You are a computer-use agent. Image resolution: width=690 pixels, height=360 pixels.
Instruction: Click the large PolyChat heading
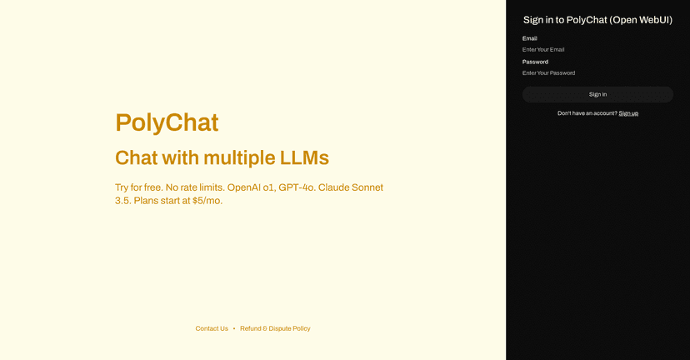click(167, 122)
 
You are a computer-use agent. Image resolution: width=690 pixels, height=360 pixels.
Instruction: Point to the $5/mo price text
click(207, 201)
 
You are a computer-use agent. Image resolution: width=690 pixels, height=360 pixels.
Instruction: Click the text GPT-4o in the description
click(297, 187)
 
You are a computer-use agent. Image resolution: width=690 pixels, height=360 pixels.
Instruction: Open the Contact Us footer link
click(212, 328)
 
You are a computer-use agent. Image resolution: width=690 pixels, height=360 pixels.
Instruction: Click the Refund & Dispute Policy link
click(275, 328)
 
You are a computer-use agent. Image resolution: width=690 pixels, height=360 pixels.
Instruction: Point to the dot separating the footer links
click(234, 328)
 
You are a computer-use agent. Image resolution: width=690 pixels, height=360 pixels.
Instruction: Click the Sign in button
click(597, 94)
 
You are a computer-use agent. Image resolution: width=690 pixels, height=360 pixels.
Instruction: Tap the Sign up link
click(628, 113)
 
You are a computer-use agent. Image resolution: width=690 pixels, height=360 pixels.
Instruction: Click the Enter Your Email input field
click(597, 50)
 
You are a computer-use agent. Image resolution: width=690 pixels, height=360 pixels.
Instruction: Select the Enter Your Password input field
click(597, 73)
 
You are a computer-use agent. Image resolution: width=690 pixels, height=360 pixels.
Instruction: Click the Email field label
click(530, 38)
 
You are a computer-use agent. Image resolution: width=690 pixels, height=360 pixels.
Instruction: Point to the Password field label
click(535, 62)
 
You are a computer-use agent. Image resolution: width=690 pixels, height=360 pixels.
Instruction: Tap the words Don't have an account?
click(587, 113)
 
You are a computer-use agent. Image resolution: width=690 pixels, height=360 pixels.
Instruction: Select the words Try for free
click(139, 187)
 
